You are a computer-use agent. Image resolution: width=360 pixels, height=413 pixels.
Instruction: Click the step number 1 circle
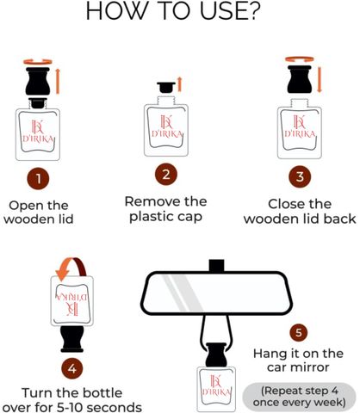38,179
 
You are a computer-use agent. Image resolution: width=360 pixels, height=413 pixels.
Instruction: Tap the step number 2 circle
166,175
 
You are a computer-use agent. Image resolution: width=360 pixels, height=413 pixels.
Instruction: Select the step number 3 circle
300,176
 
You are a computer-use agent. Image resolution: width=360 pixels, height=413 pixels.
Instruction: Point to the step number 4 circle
72,368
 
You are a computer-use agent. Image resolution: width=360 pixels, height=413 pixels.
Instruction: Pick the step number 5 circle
299,333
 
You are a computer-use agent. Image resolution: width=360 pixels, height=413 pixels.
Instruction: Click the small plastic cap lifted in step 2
166,88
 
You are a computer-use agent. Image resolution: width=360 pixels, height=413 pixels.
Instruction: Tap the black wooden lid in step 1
38,82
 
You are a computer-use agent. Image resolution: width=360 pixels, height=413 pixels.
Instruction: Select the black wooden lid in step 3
300,79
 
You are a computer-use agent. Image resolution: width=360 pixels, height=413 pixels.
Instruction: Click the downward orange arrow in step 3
320,80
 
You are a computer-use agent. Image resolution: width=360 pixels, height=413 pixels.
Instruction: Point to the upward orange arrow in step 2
180,84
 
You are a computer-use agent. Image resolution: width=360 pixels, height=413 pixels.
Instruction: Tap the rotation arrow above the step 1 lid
38,62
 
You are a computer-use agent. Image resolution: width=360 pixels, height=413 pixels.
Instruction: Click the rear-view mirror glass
217,293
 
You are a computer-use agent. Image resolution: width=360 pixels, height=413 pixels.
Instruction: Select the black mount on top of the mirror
217,265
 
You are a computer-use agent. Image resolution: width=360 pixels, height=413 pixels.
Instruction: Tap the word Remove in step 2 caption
152,201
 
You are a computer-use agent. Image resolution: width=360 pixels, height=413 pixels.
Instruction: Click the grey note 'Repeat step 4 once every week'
300,397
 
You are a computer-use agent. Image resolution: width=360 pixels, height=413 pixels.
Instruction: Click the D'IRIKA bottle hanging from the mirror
216,389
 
